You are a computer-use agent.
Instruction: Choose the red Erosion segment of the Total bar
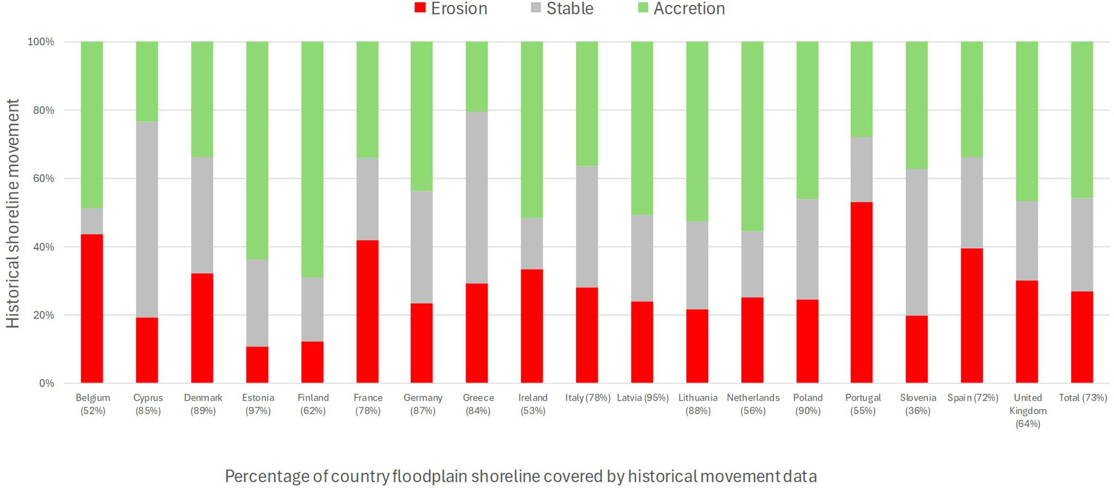[1082, 337]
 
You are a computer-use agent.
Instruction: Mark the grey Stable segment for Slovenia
[917, 242]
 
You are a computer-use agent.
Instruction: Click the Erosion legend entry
[451, 9]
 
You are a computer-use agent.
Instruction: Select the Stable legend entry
[562, 9]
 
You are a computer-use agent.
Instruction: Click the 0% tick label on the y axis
[46, 383]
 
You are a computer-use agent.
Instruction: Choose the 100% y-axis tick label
[41, 42]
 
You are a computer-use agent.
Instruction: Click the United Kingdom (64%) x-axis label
[1028, 411]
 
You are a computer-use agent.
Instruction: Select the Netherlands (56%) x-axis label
[753, 404]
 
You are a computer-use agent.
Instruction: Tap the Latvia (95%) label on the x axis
[642, 398]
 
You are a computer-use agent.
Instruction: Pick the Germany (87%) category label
[423, 404]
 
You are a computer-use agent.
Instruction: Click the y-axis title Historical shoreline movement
[13, 213]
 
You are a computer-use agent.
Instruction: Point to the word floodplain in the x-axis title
[429, 477]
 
